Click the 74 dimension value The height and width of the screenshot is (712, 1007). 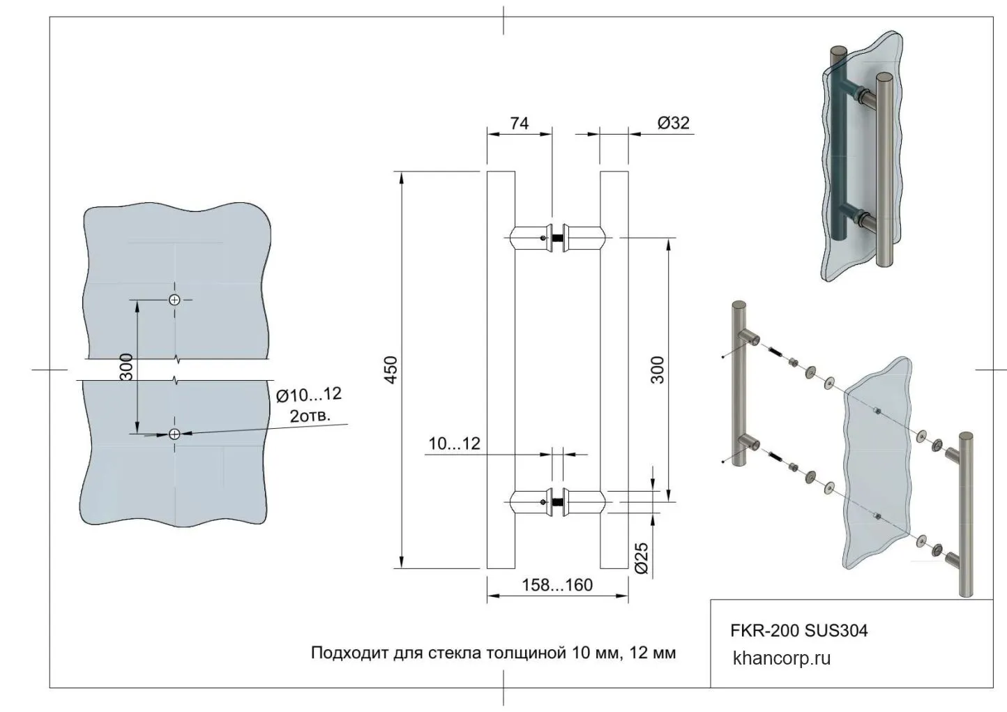point(520,123)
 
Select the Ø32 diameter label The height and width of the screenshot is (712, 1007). point(674,123)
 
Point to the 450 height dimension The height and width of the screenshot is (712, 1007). point(392,370)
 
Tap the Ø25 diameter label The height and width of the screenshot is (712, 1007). point(642,559)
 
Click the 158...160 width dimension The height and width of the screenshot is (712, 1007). point(557,585)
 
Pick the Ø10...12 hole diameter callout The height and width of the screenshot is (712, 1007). point(309,395)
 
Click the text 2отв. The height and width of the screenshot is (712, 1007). point(310,416)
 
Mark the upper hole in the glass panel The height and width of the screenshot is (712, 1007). point(174,300)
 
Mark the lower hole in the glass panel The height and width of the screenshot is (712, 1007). point(174,434)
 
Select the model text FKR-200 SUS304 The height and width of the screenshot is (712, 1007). point(799,630)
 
